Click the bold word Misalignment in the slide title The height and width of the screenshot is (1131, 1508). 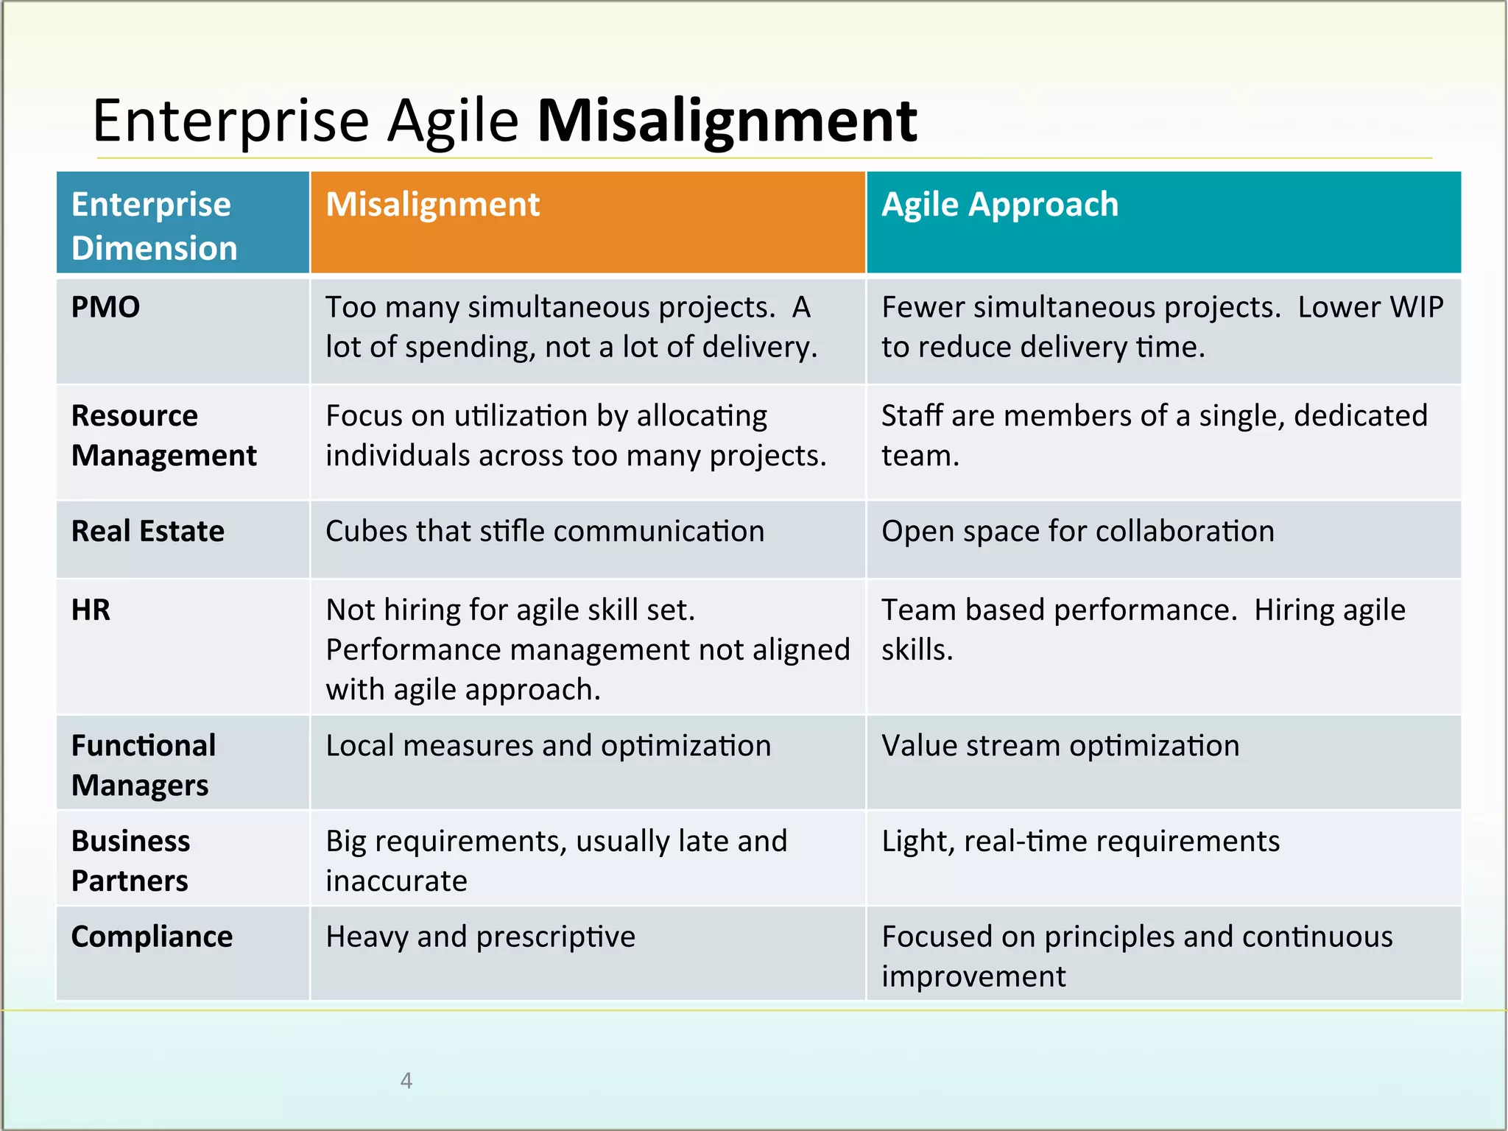727,121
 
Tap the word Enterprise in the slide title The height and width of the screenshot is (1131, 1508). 230,121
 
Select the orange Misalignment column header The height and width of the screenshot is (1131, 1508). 433,205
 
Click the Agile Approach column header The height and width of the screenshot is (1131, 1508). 999,205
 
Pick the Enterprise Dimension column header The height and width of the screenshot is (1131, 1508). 154,225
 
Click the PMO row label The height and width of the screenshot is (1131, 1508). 105,307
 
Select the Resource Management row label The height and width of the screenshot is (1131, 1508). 163,436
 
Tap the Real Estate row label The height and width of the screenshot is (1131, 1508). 147,532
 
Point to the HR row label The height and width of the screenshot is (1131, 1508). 91,610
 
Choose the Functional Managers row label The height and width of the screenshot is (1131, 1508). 144,766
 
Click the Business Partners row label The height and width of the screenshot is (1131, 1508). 130,861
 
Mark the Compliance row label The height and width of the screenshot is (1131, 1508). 152,937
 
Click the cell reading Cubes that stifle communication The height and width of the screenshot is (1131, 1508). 545,532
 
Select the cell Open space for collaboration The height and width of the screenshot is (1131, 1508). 1077,532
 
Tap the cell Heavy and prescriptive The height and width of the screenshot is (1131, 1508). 480,937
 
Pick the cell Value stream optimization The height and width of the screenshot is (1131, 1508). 1060,746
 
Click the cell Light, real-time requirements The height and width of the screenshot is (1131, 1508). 1080,842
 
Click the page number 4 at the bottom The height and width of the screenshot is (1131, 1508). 406,1080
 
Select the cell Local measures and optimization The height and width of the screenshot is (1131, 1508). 548,746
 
